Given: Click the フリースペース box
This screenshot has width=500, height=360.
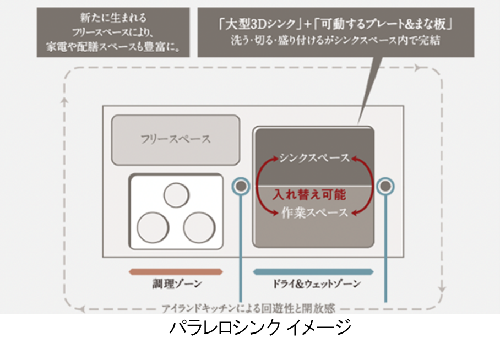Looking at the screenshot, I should click(176, 138).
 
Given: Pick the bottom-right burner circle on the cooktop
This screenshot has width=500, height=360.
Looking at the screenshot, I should click(198, 226).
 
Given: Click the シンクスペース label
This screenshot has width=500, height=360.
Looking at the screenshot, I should click(313, 158).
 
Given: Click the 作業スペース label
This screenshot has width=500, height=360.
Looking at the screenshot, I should click(314, 212).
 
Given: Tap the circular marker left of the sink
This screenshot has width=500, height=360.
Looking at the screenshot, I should click(241, 186).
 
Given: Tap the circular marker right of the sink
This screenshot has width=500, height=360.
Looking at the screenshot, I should click(385, 186).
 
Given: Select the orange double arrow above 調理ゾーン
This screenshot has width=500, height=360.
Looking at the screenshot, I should click(176, 271).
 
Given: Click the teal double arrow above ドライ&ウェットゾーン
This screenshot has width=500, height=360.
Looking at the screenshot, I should click(314, 271).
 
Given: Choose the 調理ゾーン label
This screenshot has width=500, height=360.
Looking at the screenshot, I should click(177, 285).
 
